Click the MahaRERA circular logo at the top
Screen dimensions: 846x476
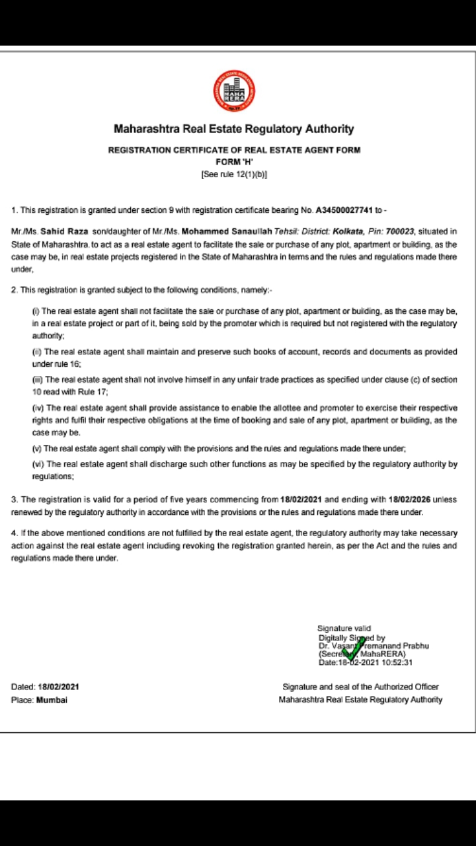coord(234,91)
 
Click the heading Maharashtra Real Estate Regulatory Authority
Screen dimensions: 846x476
coord(234,129)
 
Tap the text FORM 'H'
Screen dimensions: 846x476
coord(234,162)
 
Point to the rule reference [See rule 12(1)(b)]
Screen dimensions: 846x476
coord(234,174)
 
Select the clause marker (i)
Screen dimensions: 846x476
coord(36,310)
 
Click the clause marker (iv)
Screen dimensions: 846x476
coord(38,408)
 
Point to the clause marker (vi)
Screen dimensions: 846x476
coord(38,465)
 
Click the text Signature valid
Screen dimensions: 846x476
coord(344,629)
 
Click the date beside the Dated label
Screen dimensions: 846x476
coord(59,687)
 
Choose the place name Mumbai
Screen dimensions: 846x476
coord(52,699)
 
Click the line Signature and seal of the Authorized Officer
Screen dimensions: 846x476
coord(360,687)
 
